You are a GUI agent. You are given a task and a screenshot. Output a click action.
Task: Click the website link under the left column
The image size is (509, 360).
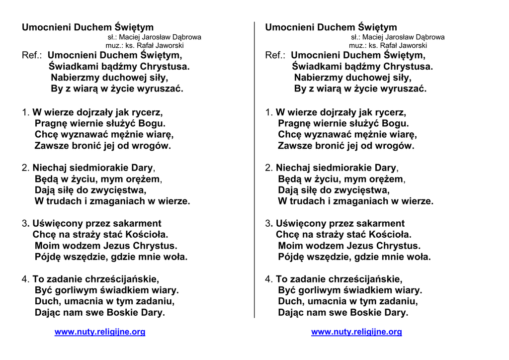(100, 332)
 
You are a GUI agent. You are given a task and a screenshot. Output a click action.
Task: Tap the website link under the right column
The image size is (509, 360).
(356, 332)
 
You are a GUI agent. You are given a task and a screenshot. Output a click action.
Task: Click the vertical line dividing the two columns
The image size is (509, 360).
(254, 169)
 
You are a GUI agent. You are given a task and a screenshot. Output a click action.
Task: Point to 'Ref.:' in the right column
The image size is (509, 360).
(275, 55)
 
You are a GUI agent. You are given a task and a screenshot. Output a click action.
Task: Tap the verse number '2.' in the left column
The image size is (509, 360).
(26, 168)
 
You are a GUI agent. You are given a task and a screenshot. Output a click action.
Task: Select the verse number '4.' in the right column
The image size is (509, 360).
(269, 279)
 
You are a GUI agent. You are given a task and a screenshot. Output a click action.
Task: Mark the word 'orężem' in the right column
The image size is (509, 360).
(386, 180)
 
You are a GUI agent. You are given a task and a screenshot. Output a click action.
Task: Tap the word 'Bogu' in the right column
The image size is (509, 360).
(396, 124)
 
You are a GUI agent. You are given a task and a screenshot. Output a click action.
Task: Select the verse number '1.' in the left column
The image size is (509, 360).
(26, 113)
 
